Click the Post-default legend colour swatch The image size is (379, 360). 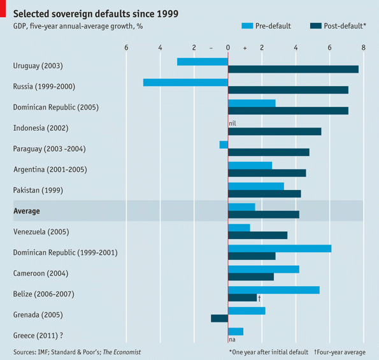[317, 26]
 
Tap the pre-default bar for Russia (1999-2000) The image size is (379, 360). [185, 82]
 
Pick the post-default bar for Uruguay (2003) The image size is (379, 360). [293, 69]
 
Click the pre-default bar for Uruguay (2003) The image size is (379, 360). [202, 62]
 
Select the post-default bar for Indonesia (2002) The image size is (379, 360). [275, 131]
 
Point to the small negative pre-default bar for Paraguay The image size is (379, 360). [224, 145]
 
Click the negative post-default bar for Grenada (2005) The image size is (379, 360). [219, 318]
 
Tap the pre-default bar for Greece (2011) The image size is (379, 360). [236, 331]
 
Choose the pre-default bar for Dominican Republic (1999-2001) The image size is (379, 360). [280, 248]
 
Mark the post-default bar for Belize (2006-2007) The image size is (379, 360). [242, 298]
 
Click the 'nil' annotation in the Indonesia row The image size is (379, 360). [232, 124]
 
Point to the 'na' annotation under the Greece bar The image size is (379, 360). [232, 340]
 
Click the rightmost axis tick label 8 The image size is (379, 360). [363, 48]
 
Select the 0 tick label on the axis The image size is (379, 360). [227, 48]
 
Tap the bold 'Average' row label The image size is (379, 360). [27, 211]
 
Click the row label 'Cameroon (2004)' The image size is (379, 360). [41, 273]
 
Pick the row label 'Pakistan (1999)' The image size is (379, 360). [38, 190]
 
